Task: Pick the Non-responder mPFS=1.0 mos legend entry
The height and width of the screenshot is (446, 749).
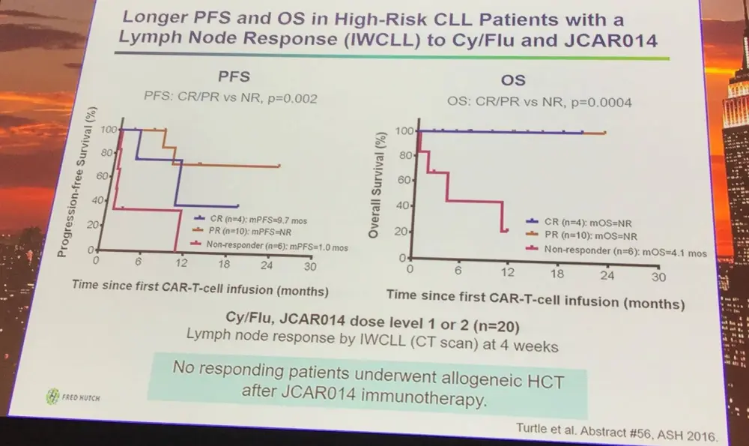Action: click(x=258, y=244)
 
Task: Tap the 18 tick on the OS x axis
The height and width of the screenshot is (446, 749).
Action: click(x=557, y=274)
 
